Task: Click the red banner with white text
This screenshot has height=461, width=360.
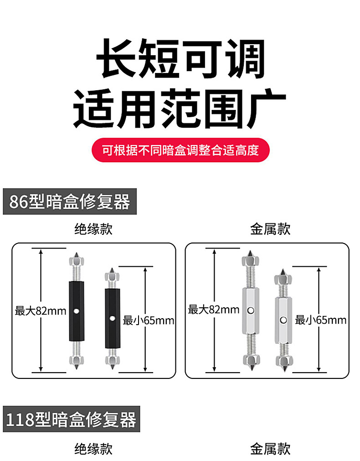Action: (x=180, y=150)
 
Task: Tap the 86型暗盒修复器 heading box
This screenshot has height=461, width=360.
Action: (x=70, y=202)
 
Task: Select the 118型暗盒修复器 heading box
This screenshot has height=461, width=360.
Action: (x=72, y=419)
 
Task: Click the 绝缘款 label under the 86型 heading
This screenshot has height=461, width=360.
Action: (x=93, y=229)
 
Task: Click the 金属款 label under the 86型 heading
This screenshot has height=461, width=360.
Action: (x=270, y=229)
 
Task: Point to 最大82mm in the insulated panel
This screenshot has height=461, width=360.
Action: (x=41, y=311)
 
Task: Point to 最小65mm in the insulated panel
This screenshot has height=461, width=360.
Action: (x=149, y=320)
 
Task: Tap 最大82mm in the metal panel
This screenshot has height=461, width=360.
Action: (x=214, y=310)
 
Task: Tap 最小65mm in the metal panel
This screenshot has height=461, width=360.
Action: (x=321, y=320)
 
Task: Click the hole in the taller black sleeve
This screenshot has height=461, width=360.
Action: (x=77, y=311)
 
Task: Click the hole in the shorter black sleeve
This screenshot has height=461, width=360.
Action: (x=112, y=318)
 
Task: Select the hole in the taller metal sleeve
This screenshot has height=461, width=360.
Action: (x=251, y=310)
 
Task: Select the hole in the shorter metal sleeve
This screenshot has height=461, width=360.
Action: (x=283, y=320)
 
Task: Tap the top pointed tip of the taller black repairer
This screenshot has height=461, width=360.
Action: (x=77, y=252)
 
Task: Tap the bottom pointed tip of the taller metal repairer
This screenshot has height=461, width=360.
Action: (x=252, y=370)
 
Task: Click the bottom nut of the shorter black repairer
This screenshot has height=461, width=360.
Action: (x=112, y=360)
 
